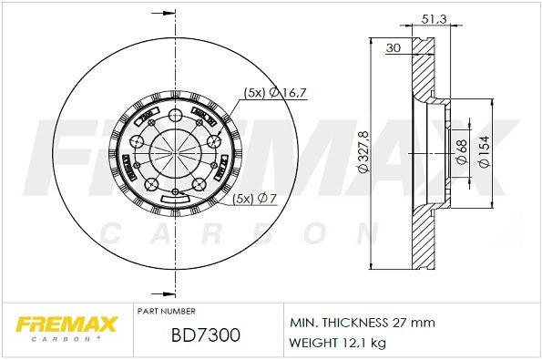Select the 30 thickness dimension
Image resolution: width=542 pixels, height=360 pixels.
(x=394, y=47)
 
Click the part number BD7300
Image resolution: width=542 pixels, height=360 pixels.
(x=205, y=336)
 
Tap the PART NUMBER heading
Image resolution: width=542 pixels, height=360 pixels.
(x=166, y=311)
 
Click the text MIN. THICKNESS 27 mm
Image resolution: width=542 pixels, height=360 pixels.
(x=363, y=323)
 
